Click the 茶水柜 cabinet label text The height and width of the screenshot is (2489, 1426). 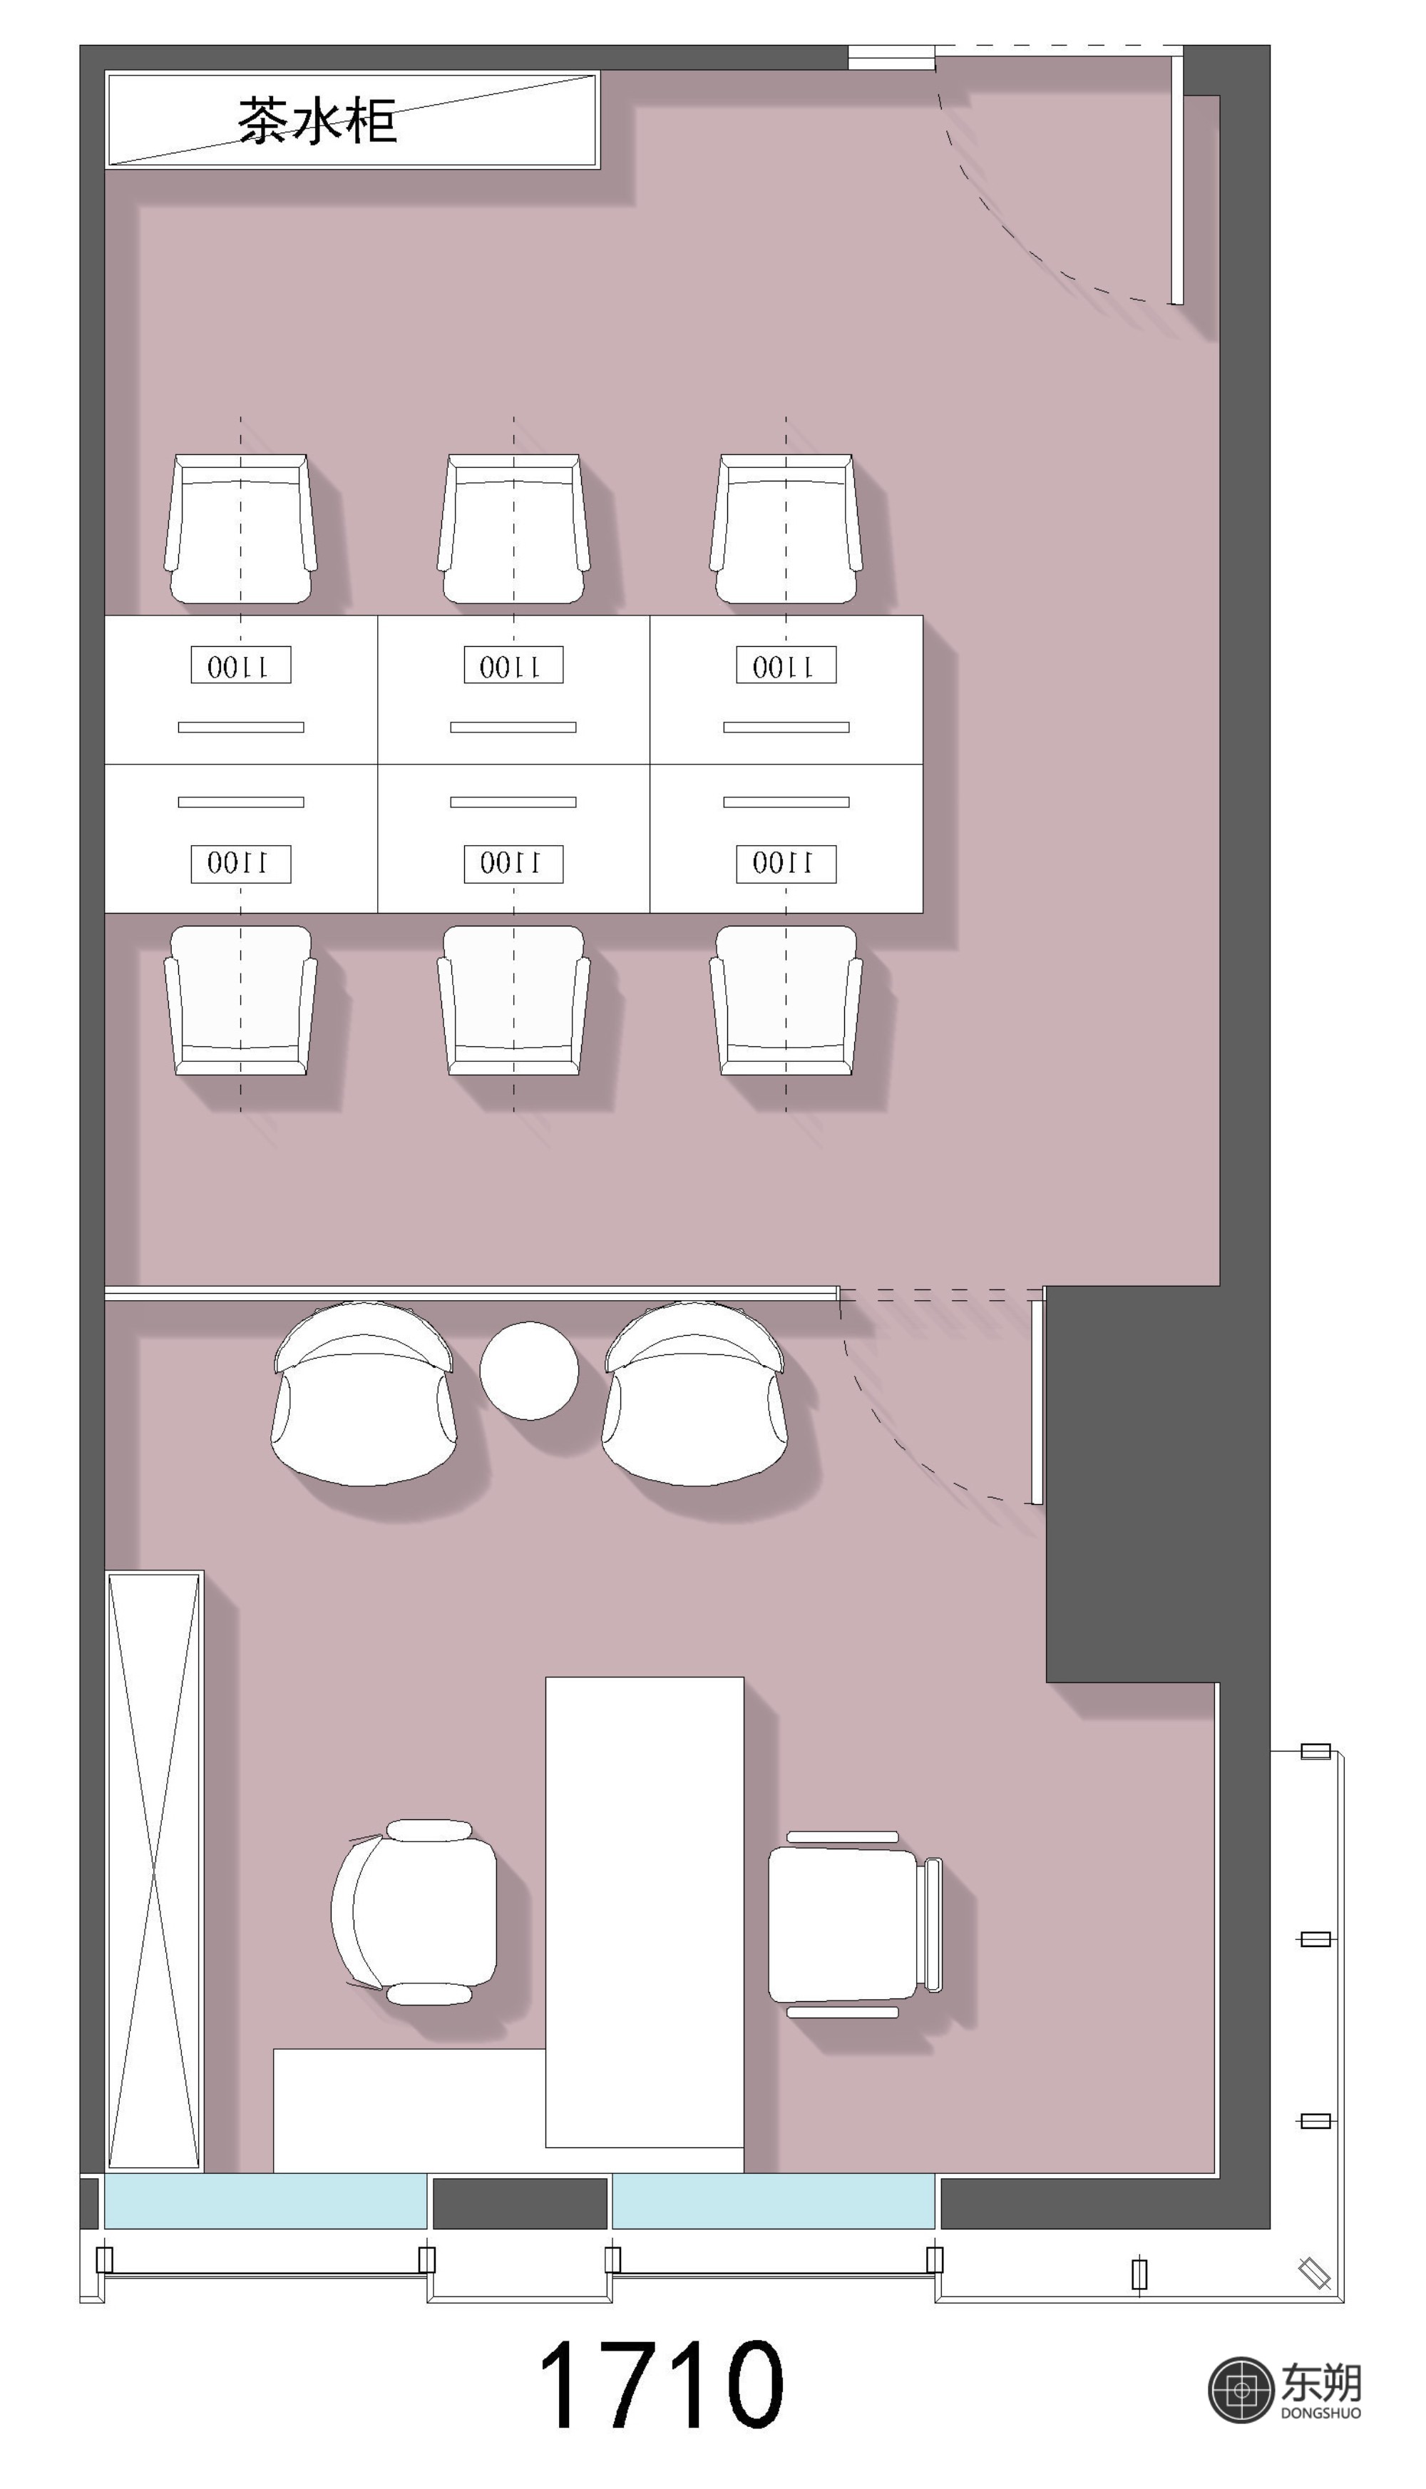[x=317, y=121]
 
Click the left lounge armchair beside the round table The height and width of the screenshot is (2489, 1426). [x=364, y=1393]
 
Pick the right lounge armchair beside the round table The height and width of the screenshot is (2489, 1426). [x=694, y=1393]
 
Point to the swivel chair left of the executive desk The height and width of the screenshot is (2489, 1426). [x=414, y=1912]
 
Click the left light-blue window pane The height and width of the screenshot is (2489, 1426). [x=265, y=2201]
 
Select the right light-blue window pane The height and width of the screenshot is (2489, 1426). [x=773, y=2201]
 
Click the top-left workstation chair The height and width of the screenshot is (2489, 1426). [x=241, y=529]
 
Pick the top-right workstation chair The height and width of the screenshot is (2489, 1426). [x=786, y=529]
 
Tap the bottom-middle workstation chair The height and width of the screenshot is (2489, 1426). [x=513, y=1000]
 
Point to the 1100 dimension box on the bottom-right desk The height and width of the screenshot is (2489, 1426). [x=786, y=863]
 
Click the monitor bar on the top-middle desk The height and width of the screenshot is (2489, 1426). [x=513, y=727]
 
